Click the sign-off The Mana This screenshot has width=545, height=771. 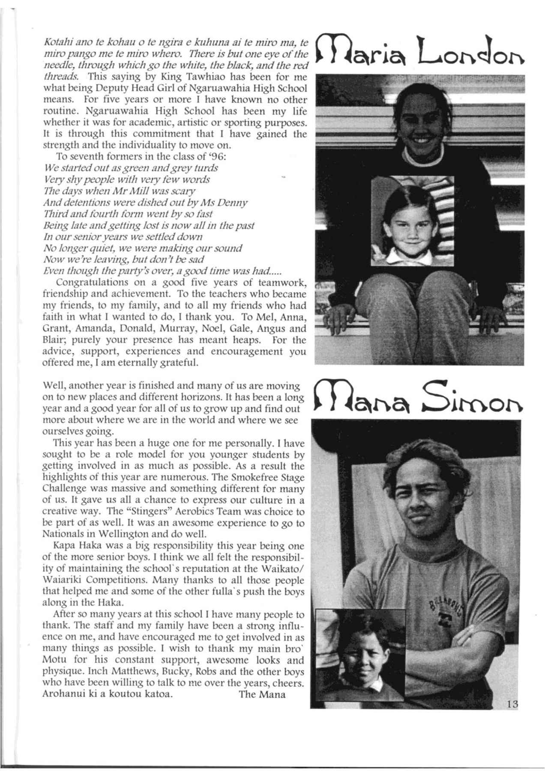click(x=262, y=694)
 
